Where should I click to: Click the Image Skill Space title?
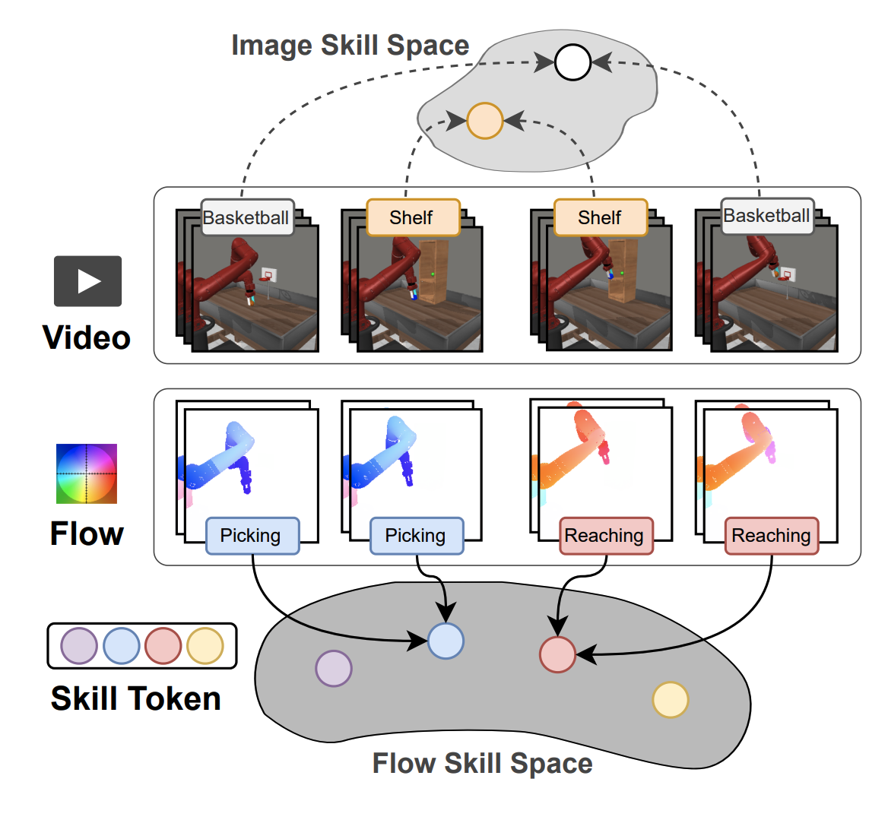coord(350,46)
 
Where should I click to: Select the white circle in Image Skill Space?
coord(572,62)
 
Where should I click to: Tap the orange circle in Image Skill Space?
coord(485,121)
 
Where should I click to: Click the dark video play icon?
coord(88,281)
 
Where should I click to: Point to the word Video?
coord(87,337)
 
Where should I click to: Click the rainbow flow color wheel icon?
coord(87,473)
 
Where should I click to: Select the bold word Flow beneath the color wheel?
coord(87,533)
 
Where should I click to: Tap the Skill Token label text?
coord(135,698)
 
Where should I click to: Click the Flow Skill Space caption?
coord(482,763)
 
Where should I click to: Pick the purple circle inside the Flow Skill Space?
coord(334,669)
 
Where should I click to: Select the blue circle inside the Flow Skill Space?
coord(446,641)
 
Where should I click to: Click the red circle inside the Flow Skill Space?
coord(557,654)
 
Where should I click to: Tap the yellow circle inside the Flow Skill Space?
coord(671,700)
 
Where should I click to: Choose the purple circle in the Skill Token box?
coord(79,646)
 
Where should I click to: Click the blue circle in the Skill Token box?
coord(121,646)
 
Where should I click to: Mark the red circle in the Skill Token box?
coord(163,646)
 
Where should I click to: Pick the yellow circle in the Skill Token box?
coord(205,646)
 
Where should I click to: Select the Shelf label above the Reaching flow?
coord(600,218)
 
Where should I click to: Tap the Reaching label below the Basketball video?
coord(771,536)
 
